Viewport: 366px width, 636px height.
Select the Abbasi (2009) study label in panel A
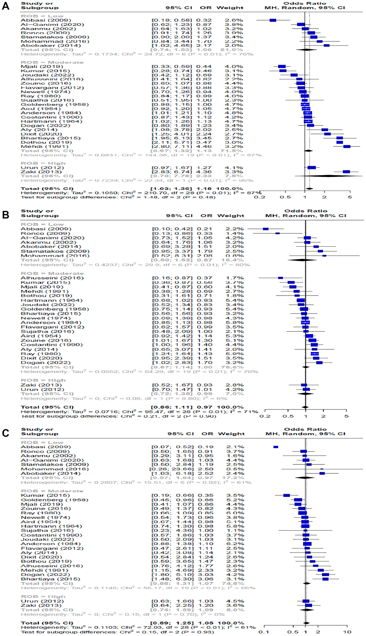(x=46, y=20)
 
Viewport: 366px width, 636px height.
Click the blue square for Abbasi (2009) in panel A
(x=273, y=20)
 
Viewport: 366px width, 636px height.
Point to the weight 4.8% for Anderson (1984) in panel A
(x=234, y=113)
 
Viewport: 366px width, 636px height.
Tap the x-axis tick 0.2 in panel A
(x=260, y=197)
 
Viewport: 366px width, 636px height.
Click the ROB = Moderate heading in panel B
(x=52, y=273)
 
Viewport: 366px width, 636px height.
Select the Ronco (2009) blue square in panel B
(x=277, y=233)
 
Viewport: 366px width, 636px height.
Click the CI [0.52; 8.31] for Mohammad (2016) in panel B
(x=172, y=256)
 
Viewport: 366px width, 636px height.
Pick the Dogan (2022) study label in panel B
(x=46, y=362)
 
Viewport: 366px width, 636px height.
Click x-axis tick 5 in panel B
(x=346, y=416)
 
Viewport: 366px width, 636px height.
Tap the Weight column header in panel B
(x=231, y=216)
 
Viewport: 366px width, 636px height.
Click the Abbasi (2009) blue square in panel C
(x=276, y=447)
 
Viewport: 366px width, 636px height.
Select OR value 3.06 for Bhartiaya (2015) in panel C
(x=205, y=579)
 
